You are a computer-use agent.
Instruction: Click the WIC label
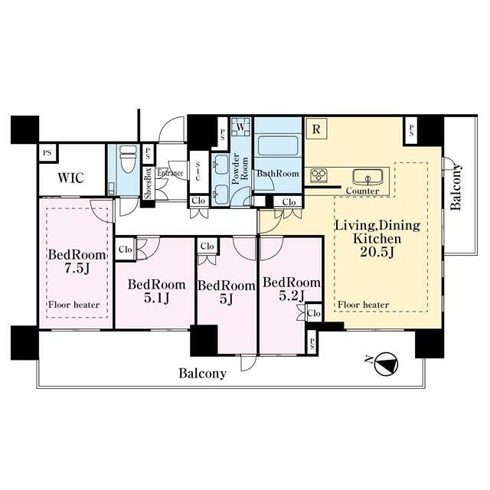(x=71, y=178)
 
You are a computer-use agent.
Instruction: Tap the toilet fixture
(x=128, y=158)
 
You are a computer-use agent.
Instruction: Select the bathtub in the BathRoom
(x=277, y=145)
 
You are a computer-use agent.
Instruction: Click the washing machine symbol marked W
(x=240, y=127)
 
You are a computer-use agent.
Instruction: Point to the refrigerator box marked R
(x=316, y=129)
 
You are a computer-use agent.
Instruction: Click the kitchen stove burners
(x=318, y=175)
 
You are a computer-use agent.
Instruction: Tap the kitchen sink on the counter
(x=367, y=177)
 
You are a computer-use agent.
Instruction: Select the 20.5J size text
(x=377, y=252)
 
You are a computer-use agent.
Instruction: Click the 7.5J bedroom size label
(x=77, y=269)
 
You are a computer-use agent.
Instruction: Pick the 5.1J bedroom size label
(x=156, y=298)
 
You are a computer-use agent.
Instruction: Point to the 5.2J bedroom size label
(x=291, y=296)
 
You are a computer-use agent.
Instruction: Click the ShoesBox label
(x=148, y=184)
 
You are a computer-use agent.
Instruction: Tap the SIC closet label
(x=198, y=171)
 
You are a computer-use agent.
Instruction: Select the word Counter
(x=362, y=191)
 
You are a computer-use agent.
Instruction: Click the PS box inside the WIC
(x=47, y=153)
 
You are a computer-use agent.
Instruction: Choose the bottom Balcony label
(x=202, y=374)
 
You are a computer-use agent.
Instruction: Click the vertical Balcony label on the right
(x=456, y=187)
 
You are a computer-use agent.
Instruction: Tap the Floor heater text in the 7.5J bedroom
(x=73, y=305)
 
